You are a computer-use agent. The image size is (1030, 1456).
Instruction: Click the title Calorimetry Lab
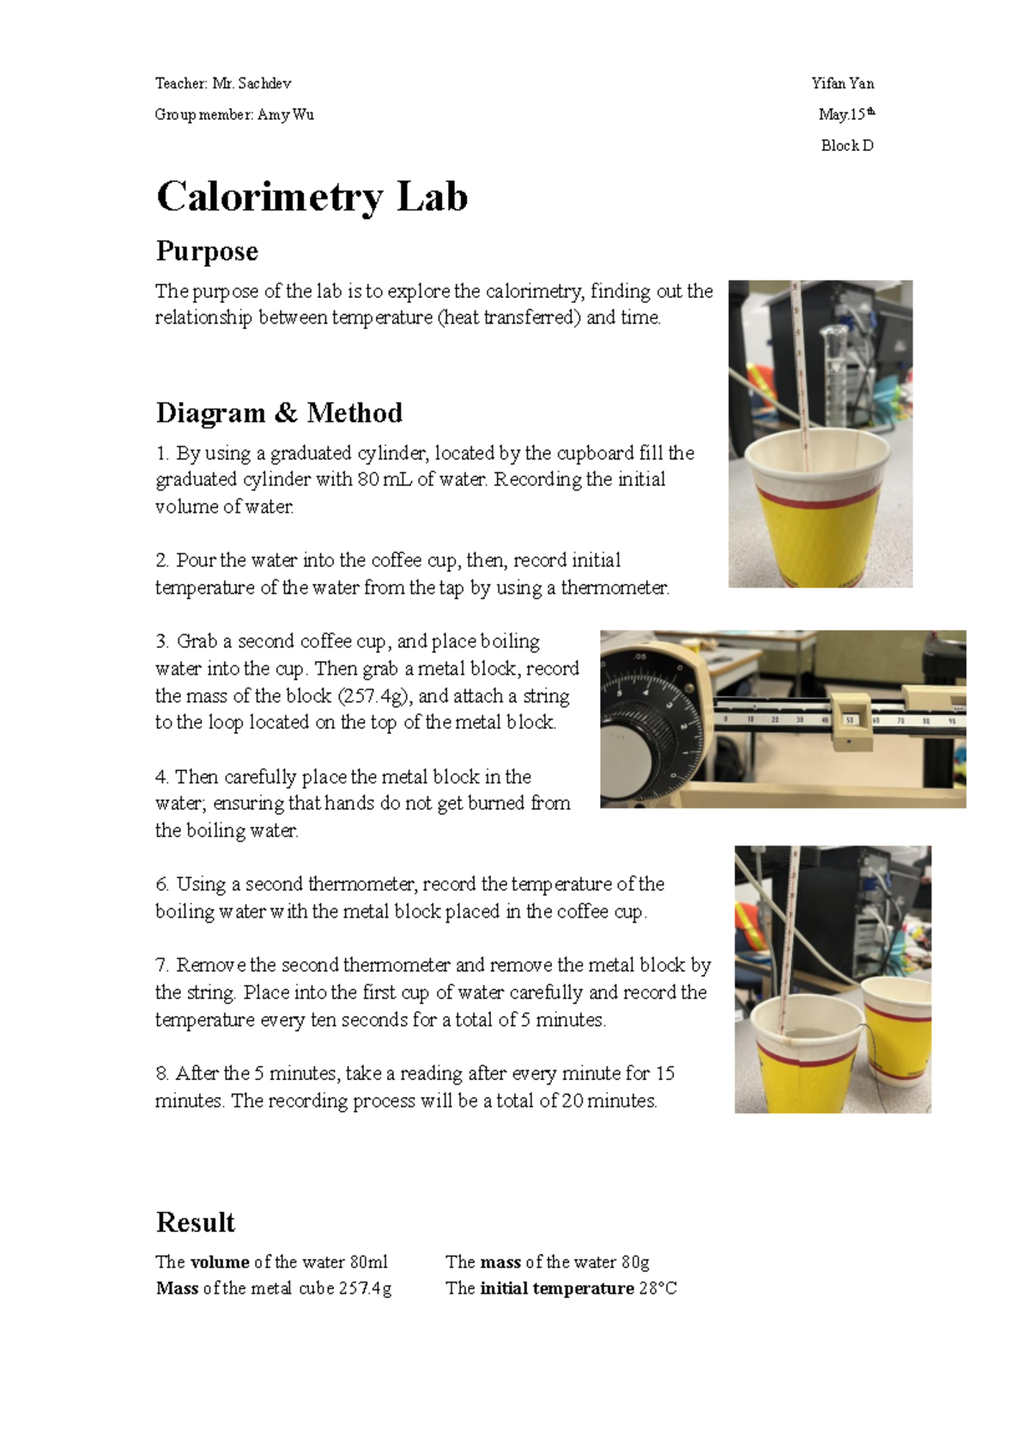click(x=312, y=197)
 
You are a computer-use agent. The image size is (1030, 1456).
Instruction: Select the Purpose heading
click(x=207, y=252)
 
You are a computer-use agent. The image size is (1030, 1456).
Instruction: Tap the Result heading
click(x=195, y=1222)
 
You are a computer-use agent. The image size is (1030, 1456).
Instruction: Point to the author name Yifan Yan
click(x=843, y=83)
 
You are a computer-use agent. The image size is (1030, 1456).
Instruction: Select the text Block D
click(x=847, y=146)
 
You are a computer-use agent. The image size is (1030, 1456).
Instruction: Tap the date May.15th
click(x=846, y=114)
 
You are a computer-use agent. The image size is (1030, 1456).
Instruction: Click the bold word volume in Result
click(x=220, y=1262)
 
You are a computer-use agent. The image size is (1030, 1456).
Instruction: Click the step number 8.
click(x=162, y=1073)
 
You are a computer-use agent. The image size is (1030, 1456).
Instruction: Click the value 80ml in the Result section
click(x=368, y=1262)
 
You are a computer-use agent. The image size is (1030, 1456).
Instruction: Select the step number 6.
click(x=162, y=884)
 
